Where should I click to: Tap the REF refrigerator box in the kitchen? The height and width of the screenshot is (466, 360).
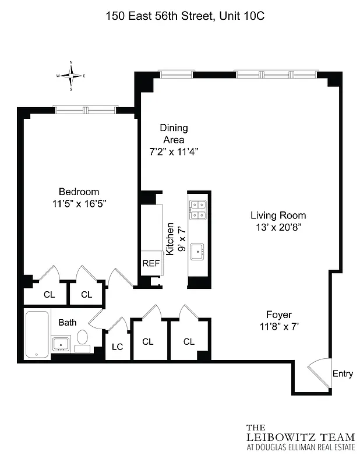point(151,263)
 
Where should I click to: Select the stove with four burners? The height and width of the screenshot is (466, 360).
point(198,209)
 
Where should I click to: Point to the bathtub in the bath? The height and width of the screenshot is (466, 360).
point(38,335)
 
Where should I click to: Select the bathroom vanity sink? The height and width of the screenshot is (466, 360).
point(61,344)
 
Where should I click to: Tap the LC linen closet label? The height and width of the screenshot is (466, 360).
point(117,347)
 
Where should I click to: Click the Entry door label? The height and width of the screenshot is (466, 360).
point(342,374)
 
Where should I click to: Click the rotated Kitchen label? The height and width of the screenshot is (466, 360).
point(170,239)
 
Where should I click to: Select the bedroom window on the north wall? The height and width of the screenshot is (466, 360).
point(86,110)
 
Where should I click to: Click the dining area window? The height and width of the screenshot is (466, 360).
point(176,74)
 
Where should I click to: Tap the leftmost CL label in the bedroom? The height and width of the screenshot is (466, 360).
point(50,294)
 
